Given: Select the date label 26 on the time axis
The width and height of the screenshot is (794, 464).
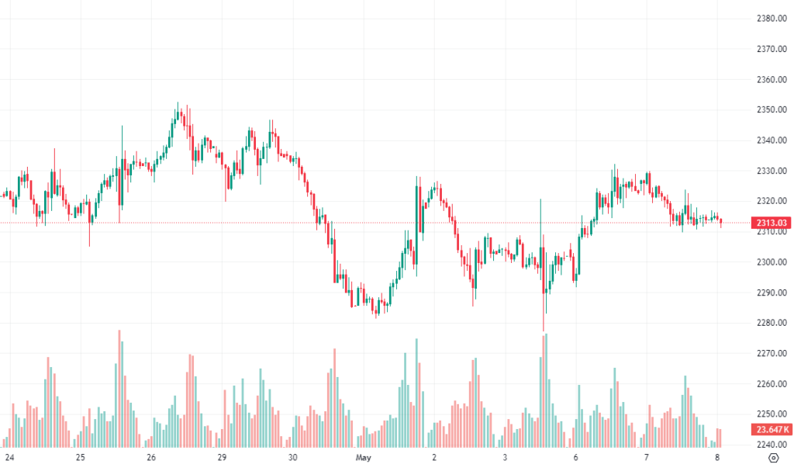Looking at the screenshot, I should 150,457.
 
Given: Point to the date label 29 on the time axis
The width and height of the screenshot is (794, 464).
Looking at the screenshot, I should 222,457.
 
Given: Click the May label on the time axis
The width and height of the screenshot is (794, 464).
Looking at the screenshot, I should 364,457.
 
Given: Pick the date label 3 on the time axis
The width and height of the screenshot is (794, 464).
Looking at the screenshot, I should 504,457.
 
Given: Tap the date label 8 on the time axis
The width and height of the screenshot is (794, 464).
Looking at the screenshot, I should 717,457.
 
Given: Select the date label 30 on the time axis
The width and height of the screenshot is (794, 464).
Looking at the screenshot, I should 292,457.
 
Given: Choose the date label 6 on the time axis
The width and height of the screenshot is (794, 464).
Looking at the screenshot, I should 576,457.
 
